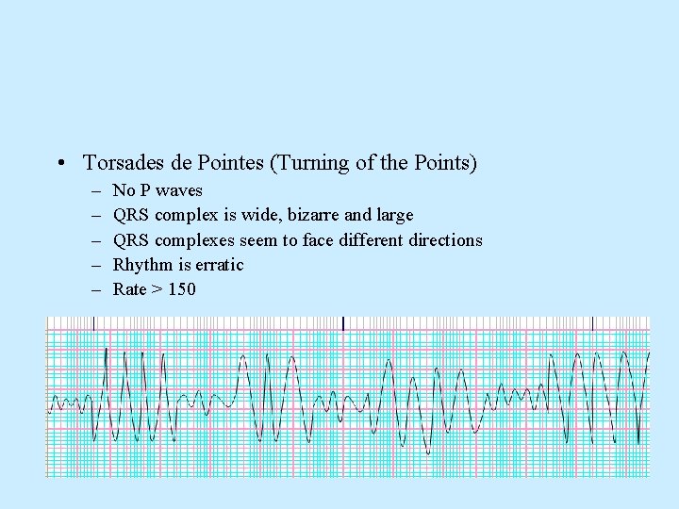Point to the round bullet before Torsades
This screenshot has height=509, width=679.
(x=60, y=164)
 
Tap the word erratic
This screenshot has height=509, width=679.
(x=219, y=265)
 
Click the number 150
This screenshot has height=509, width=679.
(x=182, y=289)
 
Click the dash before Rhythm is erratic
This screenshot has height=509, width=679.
(x=95, y=265)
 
